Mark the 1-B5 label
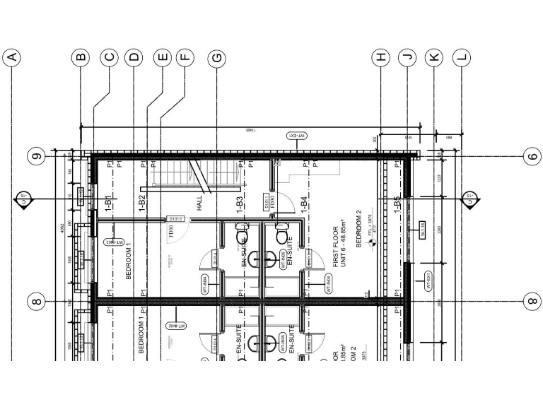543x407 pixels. tap(397, 203)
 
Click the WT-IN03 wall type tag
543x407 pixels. tap(115, 242)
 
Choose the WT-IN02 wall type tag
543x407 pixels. tap(175, 326)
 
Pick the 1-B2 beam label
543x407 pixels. tap(142, 203)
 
